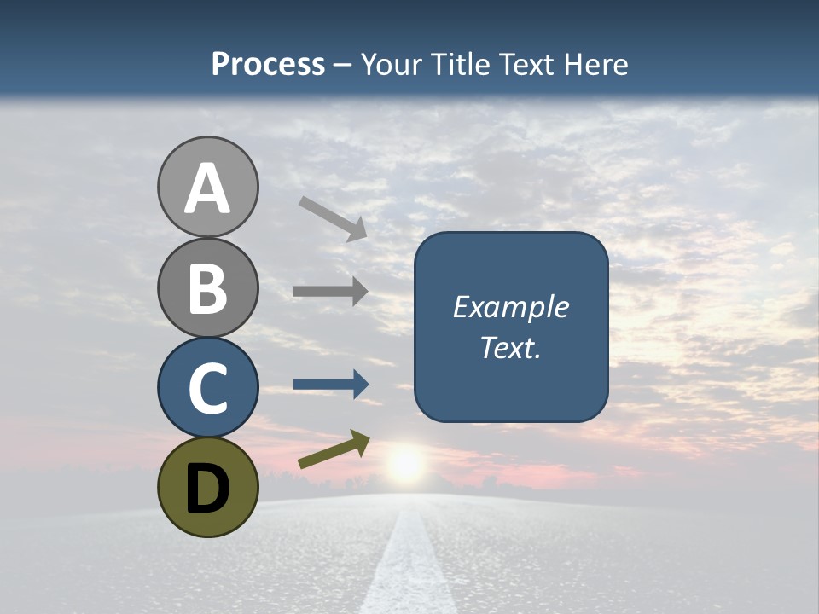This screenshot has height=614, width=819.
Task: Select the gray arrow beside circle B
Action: pos(330,292)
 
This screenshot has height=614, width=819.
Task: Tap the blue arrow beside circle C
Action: pos(331,385)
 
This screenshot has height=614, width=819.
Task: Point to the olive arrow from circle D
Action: pos(334,449)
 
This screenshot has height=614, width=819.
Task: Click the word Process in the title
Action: pos(268,65)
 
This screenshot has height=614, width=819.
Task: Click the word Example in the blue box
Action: pos(510,307)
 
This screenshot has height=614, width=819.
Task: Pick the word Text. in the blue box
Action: pos(510,348)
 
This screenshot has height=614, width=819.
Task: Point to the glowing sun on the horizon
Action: pos(405,465)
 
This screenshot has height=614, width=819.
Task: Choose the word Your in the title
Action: pos(393,65)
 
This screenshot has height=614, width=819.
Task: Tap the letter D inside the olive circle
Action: pos(207,489)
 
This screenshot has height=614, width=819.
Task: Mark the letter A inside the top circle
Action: pos(207,189)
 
